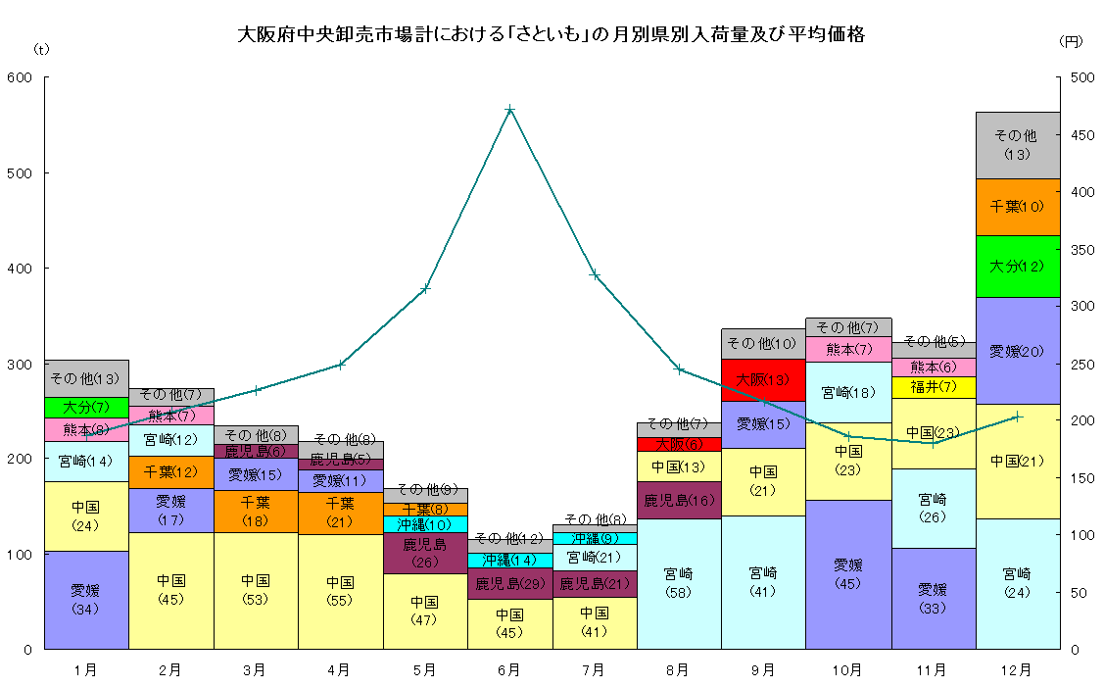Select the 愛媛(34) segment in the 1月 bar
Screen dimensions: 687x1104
(86, 600)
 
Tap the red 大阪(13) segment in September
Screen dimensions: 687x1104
(763, 379)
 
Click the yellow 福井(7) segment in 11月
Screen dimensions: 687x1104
(933, 387)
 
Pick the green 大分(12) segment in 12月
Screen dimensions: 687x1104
(1018, 266)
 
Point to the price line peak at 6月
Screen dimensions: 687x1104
(510, 109)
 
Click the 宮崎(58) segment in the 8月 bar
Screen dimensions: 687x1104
(679, 583)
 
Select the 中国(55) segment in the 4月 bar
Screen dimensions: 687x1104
(340, 591)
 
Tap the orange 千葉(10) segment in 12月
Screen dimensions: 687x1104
(1018, 207)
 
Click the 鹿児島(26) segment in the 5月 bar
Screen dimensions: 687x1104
(425, 553)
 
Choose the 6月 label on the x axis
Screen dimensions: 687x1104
(509, 670)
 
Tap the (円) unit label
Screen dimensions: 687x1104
(1072, 41)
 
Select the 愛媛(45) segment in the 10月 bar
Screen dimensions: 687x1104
(848, 574)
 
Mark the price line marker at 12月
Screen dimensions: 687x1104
(1018, 417)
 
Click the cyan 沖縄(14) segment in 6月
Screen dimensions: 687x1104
(509, 561)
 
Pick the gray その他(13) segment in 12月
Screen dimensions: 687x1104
(1018, 145)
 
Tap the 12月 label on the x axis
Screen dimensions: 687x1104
(1018, 670)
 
